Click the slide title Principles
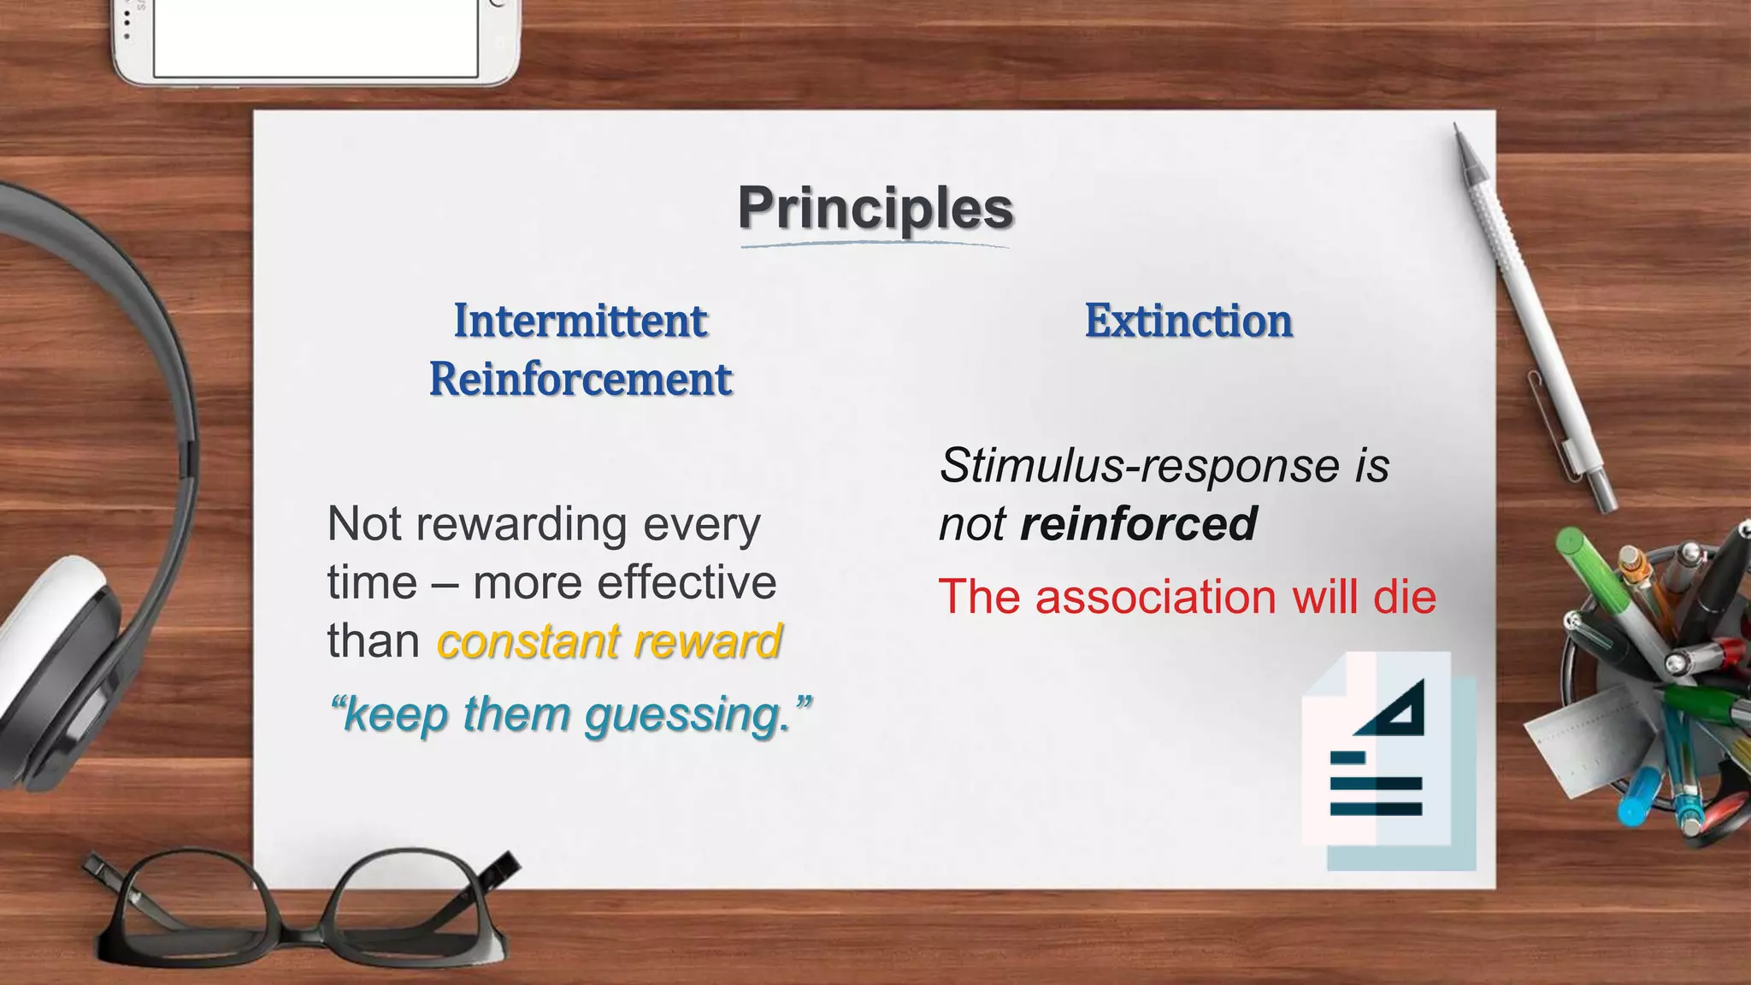(x=875, y=209)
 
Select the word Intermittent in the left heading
(x=581, y=321)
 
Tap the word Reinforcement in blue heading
(x=581, y=380)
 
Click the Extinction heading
(x=1188, y=321)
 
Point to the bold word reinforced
(x=1138, y=524)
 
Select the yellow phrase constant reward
(x=609, y=641)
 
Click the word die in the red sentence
(x=1404, y=597)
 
